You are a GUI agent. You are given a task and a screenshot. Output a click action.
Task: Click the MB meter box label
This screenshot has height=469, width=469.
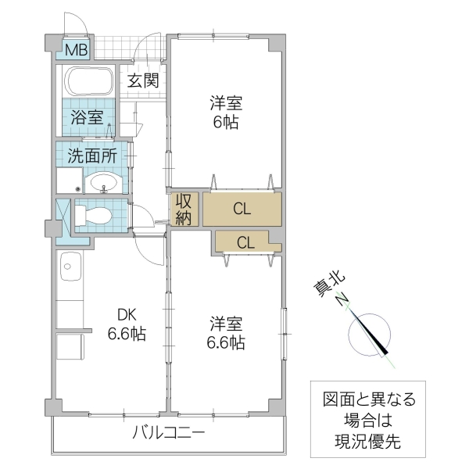[76, 51]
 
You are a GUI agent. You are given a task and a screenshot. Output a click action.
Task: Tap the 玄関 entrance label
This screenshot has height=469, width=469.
[144, 80]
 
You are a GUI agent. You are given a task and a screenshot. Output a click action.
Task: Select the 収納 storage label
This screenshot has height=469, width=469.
[184, 209]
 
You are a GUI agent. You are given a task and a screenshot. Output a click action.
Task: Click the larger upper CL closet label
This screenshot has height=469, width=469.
[242, 209]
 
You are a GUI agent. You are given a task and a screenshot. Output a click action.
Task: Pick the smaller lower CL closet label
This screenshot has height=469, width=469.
[245, 242]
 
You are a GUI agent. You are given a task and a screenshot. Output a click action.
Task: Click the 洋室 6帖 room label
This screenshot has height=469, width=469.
[224, 113]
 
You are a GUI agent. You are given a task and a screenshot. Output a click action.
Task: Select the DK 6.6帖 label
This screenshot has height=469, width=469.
[125, 325]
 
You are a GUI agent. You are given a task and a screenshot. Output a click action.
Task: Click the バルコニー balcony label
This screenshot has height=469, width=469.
[168, 432]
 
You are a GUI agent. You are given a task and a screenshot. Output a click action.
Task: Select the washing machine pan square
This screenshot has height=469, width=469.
[70, 182]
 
